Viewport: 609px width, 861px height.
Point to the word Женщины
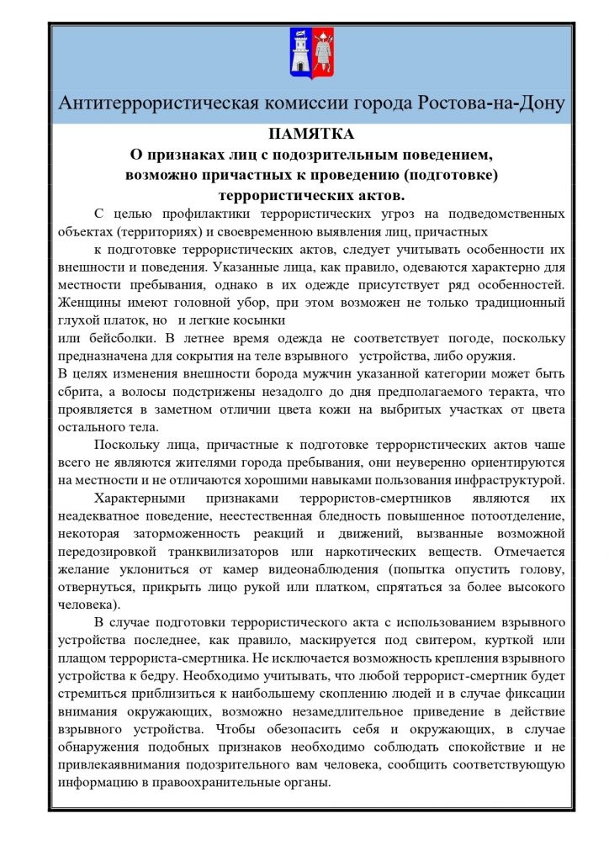click(88, 302)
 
